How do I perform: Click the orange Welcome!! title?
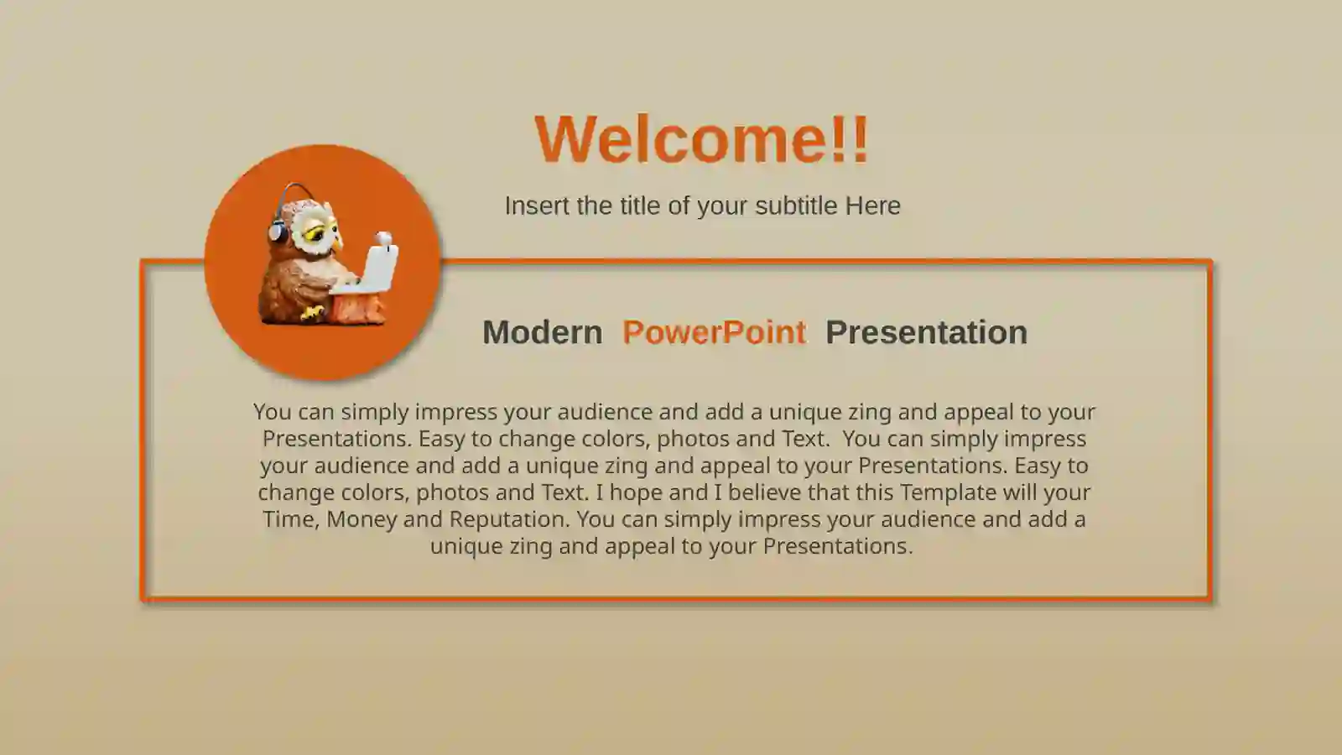[702, 138]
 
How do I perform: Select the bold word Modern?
[542, 332]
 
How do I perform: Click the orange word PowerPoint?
[714, 332]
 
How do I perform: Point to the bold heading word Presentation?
[926, 332]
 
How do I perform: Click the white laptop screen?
[379, 268]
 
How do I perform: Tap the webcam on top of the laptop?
[384, 239]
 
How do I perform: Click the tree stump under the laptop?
[358, 309]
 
